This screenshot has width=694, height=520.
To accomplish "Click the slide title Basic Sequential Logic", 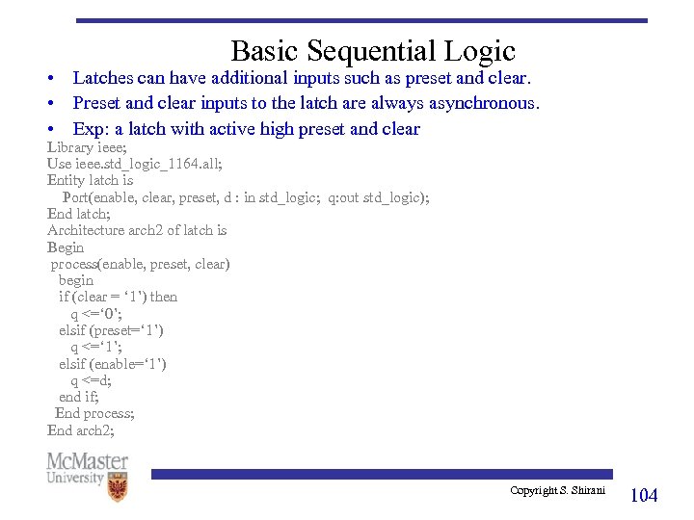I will [x=373, y=50].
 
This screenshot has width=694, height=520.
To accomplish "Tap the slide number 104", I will [x=643, y=495].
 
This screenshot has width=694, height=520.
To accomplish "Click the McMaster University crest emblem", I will [x=117, y=486].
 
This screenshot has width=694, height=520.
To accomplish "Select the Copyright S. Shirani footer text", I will [x=557, y=491].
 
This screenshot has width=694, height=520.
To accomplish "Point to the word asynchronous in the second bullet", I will [x=487, y=103].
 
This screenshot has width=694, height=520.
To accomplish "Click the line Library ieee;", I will [x=84, y=147].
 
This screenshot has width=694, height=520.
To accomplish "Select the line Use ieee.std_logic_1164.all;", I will [x=134, y=164].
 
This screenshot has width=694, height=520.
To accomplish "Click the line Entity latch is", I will [x=90, y=180].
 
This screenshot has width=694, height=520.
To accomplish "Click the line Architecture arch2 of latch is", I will [x=137, y=230].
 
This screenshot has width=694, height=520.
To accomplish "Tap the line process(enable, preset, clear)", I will [x=140, y=264].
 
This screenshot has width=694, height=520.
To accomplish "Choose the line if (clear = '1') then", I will [x=118, y=297].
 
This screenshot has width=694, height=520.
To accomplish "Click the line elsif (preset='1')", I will [x=111, y=330].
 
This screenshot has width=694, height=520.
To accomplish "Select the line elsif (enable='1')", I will [x=112, y=364].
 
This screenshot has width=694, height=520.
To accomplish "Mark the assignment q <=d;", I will [x=91, y=380].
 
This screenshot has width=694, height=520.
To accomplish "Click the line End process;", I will [x=94, y=413].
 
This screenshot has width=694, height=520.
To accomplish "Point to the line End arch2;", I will [x=80, y=430].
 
